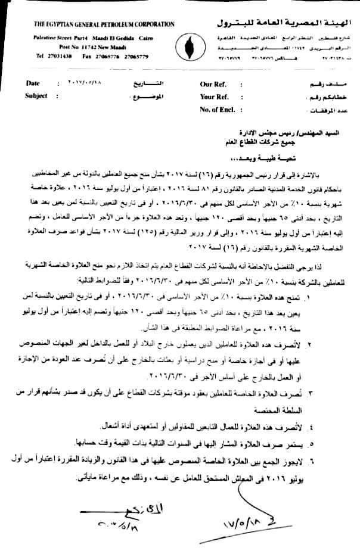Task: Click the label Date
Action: tap(33, 84)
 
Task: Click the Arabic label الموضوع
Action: tap(147, 95)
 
